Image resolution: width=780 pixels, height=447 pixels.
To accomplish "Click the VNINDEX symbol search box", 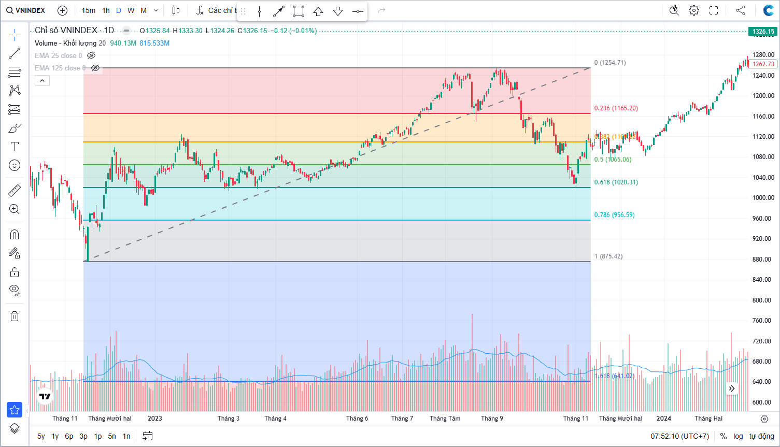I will pos(26,10).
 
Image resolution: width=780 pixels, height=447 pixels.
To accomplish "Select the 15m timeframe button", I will pos(88,10).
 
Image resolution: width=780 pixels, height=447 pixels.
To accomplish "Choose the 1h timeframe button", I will pos(106,10).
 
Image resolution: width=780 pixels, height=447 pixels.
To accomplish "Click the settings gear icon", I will pos(694,10).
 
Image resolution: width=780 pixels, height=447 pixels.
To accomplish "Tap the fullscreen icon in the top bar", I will pos(714,10).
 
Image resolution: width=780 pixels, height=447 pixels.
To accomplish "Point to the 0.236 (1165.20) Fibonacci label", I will pos(616,108).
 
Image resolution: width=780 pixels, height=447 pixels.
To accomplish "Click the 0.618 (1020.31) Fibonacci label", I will pos(616,182).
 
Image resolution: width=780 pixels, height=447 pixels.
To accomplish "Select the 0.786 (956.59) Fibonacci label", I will pos(614,215).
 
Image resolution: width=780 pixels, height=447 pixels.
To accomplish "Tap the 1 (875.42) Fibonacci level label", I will pos(608,256).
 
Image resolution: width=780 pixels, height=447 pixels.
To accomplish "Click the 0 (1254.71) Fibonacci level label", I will pos(610,63).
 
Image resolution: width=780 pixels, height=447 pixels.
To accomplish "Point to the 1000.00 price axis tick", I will pos(763,198).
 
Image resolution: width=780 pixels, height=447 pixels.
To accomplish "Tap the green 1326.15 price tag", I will pos(763,32).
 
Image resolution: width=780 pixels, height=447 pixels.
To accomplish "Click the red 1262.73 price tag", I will pos(763,64).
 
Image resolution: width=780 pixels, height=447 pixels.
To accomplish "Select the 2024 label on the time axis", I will pos(663,419).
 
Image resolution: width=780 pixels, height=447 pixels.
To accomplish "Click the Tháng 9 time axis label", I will pos(492,419).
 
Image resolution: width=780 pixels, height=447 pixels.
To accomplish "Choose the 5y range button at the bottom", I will pos(41,436).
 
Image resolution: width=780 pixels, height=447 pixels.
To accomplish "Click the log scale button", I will pos(738,436).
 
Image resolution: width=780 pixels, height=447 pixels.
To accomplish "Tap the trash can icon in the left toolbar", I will pos(15,316).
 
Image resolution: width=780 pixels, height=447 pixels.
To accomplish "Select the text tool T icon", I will pos(15,147).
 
